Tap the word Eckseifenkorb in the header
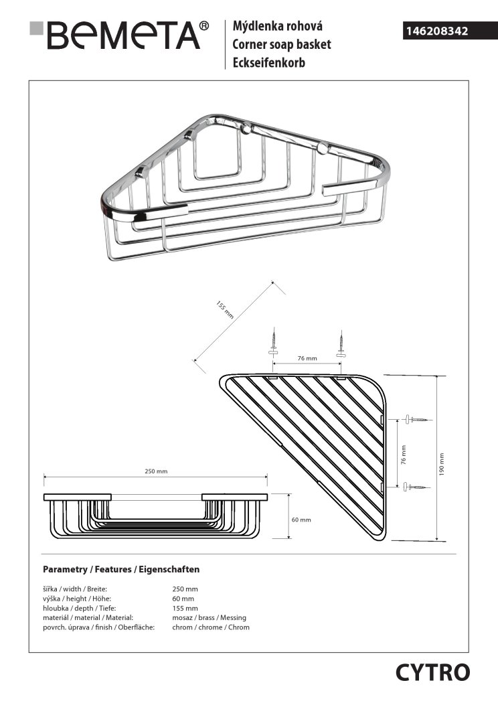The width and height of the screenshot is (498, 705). tap(268, 62)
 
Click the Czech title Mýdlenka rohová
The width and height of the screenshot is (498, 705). tap(278, 27)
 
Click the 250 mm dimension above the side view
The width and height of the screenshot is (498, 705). tap(156, 472)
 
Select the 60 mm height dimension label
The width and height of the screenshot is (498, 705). tap(302, 520)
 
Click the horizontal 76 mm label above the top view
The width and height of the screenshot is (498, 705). tap(307, 359)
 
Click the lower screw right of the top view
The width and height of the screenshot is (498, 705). tap(416, 487)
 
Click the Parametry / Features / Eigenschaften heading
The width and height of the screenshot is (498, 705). tap(121, 570)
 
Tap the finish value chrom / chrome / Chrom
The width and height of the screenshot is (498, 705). tap(211, 627)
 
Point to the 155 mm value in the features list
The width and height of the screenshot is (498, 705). tap(184, 608)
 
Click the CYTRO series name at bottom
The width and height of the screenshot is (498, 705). tap(432, 672)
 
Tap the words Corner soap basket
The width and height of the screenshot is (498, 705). tap(282, 45)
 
